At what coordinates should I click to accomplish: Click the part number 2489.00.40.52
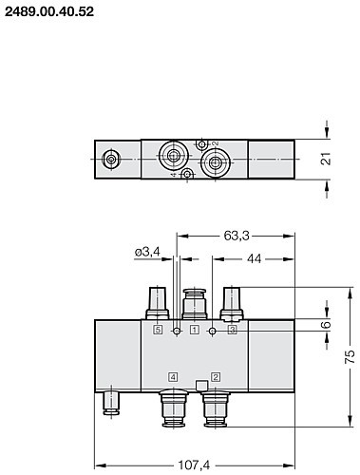(49, 12)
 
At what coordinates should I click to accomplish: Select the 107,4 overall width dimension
(194, 465)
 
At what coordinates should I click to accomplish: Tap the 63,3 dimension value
(237, 236)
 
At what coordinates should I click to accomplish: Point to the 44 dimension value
(255, 258)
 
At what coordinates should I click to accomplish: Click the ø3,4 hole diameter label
(147, 252)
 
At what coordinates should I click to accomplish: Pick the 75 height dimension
(350, 356)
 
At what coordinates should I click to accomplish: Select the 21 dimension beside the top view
(326, 159)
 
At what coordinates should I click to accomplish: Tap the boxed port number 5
(158, 330)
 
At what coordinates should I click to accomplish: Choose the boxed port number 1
(195, 330)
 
